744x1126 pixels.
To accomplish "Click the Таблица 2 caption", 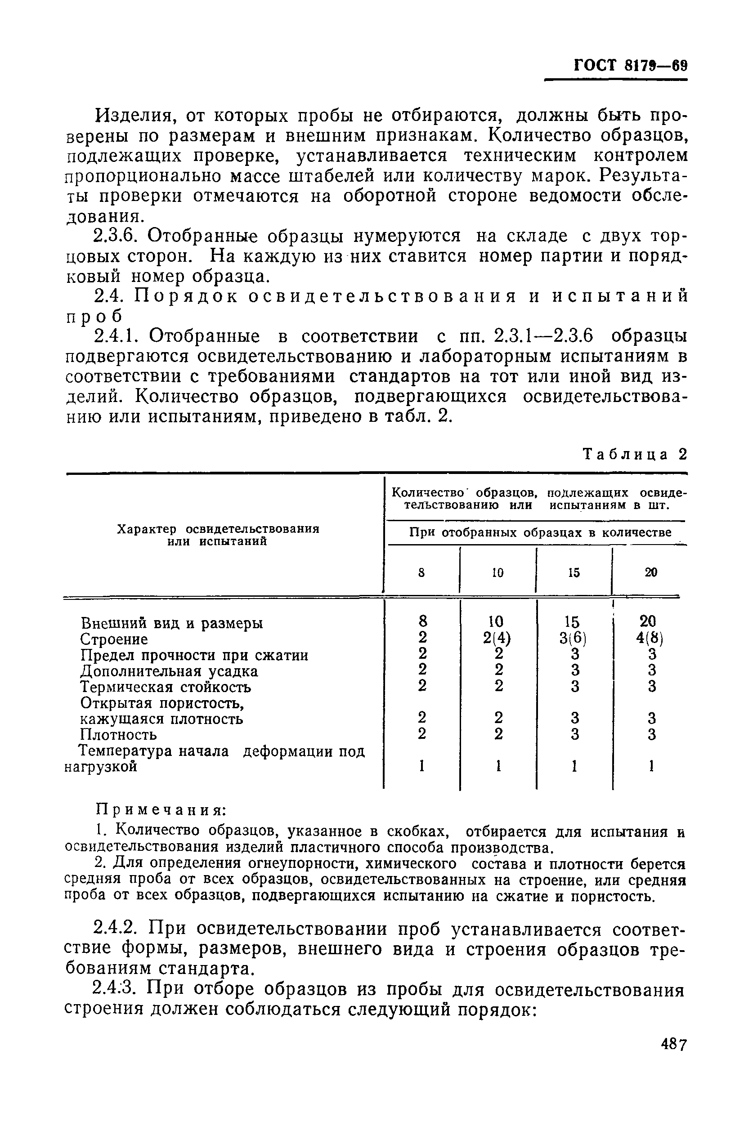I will coord(635,454).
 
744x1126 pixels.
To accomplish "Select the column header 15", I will coord(574,573).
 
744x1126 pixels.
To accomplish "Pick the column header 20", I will coord(650,573).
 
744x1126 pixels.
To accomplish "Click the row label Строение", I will coord(114,639).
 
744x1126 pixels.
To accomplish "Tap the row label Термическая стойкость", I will coord(166,687).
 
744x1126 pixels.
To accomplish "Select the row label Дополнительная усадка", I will coord(169,671).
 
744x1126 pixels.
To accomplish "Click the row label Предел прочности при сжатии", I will coord(194,655).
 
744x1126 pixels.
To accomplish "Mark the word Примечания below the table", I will coord(161,809).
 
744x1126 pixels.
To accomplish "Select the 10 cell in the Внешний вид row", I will coord(497,621).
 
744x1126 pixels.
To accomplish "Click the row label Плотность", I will coord(118,735).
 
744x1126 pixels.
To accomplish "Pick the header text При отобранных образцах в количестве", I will coord(540,532).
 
